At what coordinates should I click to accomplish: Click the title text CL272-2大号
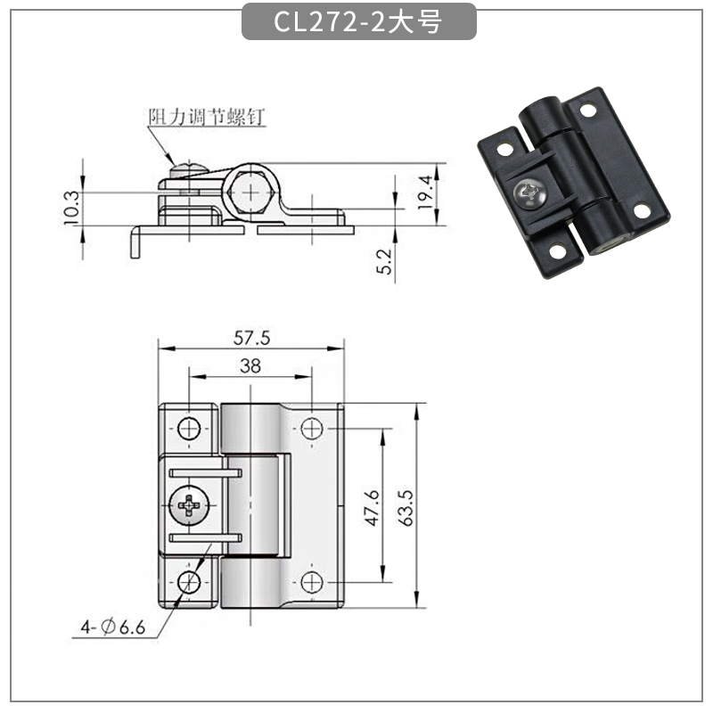pos(356,22)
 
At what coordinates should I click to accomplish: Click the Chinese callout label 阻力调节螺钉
pos(206,117)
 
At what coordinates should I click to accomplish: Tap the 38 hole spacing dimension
pos(250,365)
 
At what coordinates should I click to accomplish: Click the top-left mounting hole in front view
pos(189,429)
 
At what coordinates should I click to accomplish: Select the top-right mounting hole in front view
pos(311,429)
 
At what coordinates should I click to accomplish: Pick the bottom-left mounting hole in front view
pos(189,582)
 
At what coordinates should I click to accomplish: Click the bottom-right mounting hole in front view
pos(311,582)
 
